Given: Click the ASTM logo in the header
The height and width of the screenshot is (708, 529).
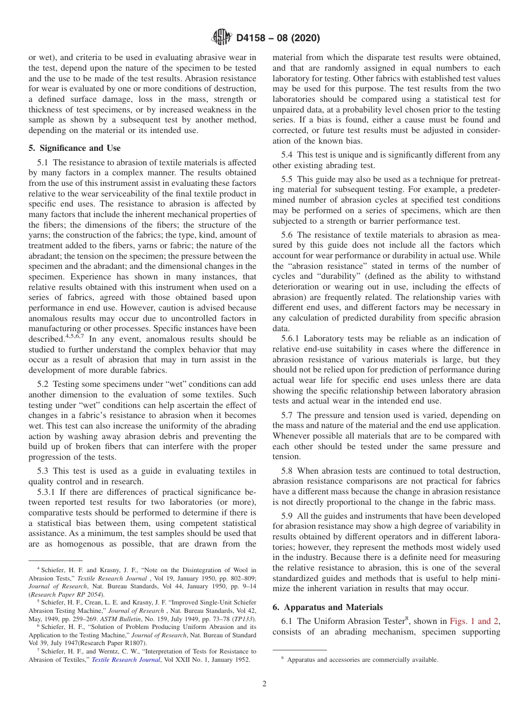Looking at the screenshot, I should pos(222,38).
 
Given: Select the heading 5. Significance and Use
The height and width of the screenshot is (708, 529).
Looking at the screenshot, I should pos(74,148).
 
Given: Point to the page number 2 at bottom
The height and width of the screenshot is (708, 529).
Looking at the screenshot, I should pos(264,684).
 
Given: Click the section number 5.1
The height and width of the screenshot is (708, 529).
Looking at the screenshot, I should pos(43,163).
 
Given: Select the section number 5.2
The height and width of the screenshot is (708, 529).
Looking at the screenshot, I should pos(43,385).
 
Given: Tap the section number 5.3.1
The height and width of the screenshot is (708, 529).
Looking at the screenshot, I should pos(47,491).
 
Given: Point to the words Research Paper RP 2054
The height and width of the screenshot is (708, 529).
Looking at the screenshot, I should pos(52,594).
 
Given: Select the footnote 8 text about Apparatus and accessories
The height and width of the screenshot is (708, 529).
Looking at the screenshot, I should pos(362,660).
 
